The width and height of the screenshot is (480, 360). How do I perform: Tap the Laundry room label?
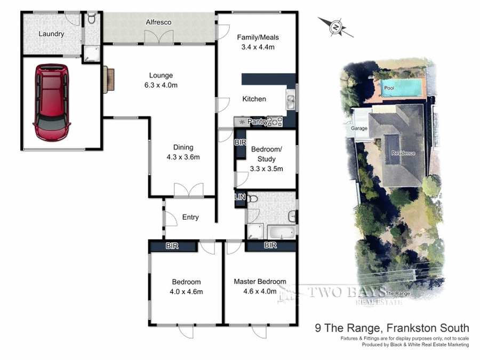[51, 34]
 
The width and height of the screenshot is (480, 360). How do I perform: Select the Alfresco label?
[158, 22]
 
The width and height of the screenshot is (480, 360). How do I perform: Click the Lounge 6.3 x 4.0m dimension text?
[161, 85]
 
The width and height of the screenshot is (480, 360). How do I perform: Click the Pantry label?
[258, 122]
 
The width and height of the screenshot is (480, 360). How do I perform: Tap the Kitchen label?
[254, 99]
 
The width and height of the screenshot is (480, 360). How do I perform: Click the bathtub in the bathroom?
[280, 233]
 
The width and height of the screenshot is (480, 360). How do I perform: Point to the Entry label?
[190, 217]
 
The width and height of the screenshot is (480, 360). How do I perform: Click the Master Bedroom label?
[260, 282]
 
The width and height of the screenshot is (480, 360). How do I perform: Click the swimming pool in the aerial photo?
[401, 86]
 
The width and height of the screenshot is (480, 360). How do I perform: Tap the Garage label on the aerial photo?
[359, 129]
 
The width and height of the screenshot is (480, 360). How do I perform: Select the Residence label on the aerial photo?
[403, 153]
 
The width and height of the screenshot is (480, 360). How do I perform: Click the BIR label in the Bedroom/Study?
[239, 143]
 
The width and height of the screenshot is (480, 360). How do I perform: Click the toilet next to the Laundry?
[91, 20]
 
